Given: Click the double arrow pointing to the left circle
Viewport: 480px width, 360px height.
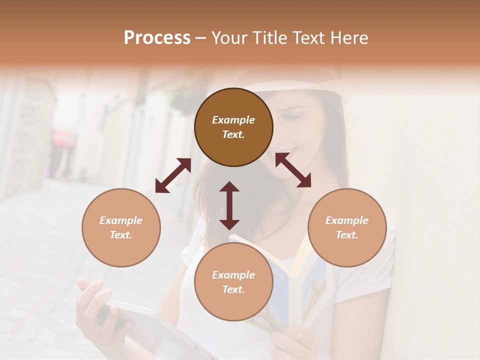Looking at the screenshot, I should (x=173, y=175).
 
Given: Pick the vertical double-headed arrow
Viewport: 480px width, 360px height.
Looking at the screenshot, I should (x=229, y=205).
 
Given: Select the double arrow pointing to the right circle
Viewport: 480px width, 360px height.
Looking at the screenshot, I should (x=293, y=170).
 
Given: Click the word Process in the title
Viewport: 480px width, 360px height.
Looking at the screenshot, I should (x=157, y=37).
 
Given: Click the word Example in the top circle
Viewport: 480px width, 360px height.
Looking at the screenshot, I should (x=233, y=120).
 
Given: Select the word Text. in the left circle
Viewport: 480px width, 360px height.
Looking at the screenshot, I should (x=121, y=235).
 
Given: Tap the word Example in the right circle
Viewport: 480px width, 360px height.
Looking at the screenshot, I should (x=347, y=220).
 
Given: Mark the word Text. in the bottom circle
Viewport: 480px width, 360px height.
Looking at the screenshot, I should (x=233, y=289).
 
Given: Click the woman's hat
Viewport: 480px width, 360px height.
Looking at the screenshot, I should (x=295, y=80).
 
